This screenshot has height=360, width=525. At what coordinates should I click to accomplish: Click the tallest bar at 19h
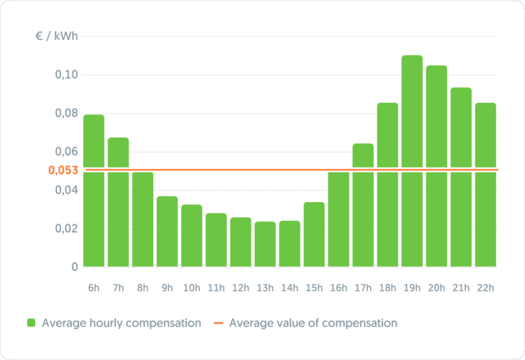[x=412, y=160]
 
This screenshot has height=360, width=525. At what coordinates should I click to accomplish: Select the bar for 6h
[x=94, y=190]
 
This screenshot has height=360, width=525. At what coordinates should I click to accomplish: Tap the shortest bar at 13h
[x=265, y=244]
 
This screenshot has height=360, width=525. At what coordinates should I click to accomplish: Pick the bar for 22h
[x=486, y=184]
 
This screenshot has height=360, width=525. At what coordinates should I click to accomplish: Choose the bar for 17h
[x=363, y=205]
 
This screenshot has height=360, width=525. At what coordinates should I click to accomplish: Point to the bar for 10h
[x=192, y=235]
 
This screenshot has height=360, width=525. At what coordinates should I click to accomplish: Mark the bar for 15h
[x=314, y=234]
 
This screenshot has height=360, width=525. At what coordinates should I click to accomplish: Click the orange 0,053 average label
[x=63, y=170]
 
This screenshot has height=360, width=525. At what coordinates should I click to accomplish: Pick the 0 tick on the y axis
[x=74, y=267]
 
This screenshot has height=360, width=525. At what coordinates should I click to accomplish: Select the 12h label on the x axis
[x=241, y=288]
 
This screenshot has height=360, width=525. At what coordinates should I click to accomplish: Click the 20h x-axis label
[x=437, y=288]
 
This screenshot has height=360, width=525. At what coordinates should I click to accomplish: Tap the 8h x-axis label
[x=143, y=288]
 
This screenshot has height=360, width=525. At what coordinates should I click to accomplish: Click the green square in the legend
[x=31, y=323]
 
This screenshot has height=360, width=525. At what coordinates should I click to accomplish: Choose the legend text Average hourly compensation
[x=121, y=323]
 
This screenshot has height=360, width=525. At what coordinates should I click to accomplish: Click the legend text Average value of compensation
[x=313, y=323]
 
